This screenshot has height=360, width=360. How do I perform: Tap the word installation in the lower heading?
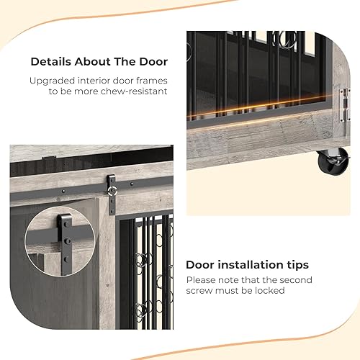pyautogui.click(x=245, y=264)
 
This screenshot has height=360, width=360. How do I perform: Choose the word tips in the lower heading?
pyautogui.click(x=296, y=264)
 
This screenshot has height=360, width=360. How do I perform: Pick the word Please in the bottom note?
pyautogui.click(x=202, y=279)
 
